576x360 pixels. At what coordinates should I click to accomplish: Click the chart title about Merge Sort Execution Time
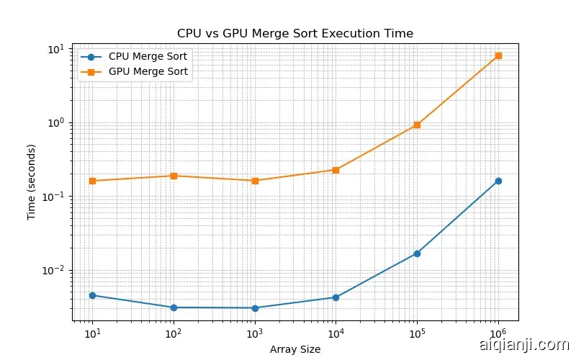(x=295, y=34)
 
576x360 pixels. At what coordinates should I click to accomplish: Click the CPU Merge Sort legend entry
(x=152, y=56)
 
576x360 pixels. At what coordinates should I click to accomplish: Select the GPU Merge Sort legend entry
(x=152, y=71)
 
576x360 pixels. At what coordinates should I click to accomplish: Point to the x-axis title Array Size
(x=295, y=349)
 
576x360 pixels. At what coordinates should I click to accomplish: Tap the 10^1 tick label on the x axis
(x=92, y=333)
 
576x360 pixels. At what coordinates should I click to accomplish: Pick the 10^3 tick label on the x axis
(x=254, y=333)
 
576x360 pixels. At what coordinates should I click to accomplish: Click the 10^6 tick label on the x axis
(x=498, y=333)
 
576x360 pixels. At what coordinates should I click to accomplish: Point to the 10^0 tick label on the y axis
(x=57, y=122)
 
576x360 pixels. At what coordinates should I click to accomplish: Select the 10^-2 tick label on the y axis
(x=56, y=270)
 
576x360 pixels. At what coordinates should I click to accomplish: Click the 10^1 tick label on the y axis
(x=57, y=49)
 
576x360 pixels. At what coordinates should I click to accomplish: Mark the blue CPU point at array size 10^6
(x=498, y=181)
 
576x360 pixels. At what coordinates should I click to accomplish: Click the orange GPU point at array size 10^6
(x=498, y=55)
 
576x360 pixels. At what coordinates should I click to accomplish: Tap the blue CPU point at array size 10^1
(x=92, y=295)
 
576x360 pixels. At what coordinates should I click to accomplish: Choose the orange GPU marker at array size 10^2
(x=174, y=176)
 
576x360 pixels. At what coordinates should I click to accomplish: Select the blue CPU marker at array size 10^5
(x=417, y=253)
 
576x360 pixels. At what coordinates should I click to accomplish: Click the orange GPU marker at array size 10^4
(x=336, y=170)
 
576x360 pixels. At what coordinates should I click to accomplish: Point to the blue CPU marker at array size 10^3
(x=254, y=308)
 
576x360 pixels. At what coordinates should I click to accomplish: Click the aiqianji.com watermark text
(x=523, y=346)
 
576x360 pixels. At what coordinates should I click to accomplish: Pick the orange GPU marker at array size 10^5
(x=417, y=125)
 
